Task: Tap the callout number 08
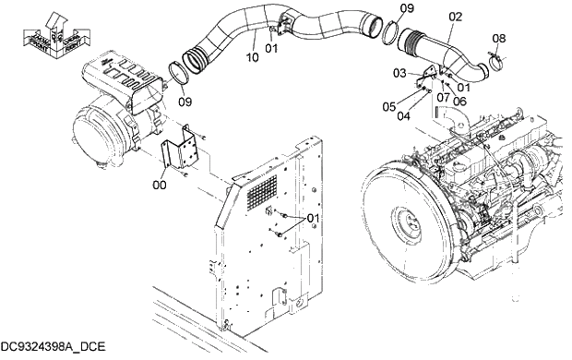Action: [x=498, y=38]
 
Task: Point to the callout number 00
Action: [x=161, y=185]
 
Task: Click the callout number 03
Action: [x=400, y=72]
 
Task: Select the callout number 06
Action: [x=459, y=102]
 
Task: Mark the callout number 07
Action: [x=443, y=96]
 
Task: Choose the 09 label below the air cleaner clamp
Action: [x=185, y=101]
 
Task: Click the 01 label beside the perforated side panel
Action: [x=312, y=219]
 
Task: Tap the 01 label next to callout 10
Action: [x=271, y=48]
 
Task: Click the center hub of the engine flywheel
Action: [x=405, y=221]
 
